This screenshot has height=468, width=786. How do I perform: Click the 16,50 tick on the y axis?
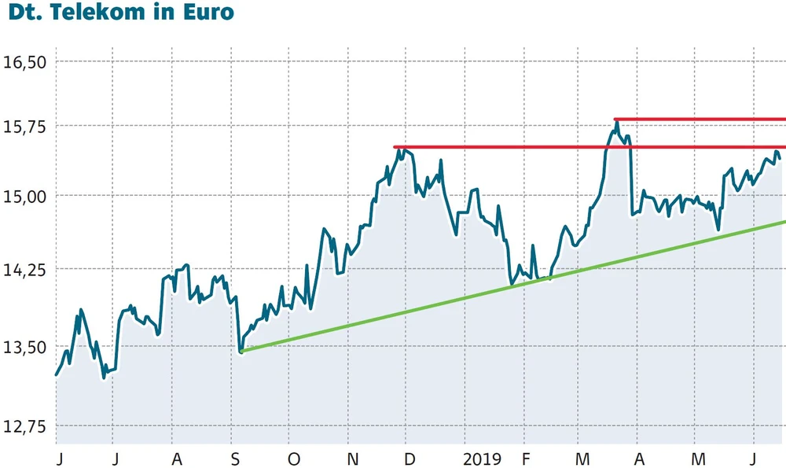[x=25, y=61]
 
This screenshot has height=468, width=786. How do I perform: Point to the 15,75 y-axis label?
[x=25, y=126]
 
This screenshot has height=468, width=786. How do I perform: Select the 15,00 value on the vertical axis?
[x=25, y=195]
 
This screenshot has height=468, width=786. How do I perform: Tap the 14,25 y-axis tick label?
[x=25, y=269]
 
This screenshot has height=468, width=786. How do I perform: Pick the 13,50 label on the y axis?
[x=25, y=347]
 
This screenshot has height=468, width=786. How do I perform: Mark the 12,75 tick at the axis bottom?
[x=25, y=426]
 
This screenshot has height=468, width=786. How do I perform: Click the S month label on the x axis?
[x=235, y=459]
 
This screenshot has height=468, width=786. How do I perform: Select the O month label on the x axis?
[x=294, y=459]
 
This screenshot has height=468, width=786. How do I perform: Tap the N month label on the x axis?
[x=353, y=459]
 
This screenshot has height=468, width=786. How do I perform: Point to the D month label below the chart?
[x=408, y=459]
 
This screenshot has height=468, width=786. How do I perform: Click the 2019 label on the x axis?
[x=481, y=459]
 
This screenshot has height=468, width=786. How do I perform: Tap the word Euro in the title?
[x=207, y=13]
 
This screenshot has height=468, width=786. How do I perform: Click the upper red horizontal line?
[x=700, y=120]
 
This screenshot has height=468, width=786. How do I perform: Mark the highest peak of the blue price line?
[x=618, y=123]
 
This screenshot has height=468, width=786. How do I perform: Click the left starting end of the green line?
[x=241, y=351]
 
